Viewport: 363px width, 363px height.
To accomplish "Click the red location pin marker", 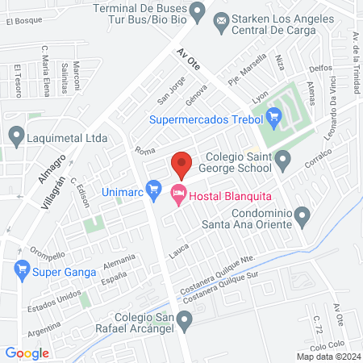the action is pyautogui.click(x=181, y=164).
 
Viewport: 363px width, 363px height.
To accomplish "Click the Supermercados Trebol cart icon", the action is pyautogui.click(x=274, y=121).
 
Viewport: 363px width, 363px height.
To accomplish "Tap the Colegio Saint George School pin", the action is pyautogui.click(x=282, y=161).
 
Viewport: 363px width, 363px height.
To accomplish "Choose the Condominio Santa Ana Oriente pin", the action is pyautogui.click(x=302, y=216).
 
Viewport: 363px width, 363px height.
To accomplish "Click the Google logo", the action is pyautogui.click(x=27, y=353).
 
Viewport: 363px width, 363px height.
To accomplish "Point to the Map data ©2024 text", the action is pyautogui.click(x=328, y=356).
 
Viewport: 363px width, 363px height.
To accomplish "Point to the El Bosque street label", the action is pyautogui.click(x=23, y=22).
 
